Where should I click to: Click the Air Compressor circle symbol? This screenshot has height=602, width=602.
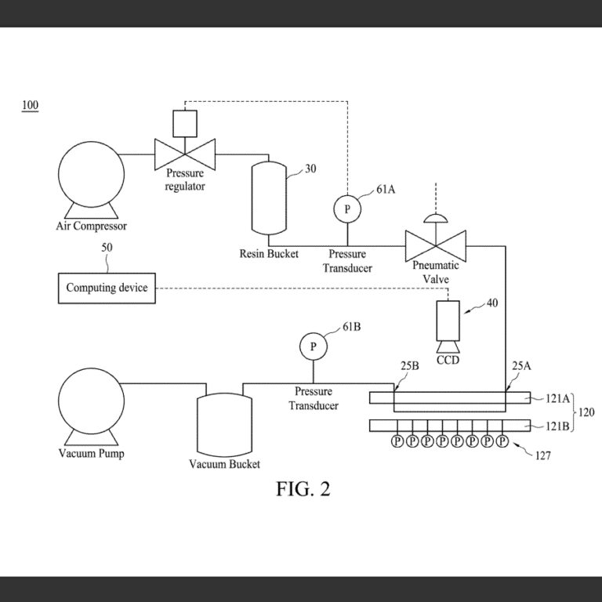(91, 173)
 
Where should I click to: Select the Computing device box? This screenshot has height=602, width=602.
(107, 288)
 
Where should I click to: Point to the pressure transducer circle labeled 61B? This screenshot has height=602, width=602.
(313, 346)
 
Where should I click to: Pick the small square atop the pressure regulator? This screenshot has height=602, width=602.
(184, 121)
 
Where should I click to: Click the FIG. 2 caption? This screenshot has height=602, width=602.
(303, 489)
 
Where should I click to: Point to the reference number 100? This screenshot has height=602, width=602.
(30, 106)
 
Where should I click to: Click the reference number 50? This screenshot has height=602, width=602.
(107, 248)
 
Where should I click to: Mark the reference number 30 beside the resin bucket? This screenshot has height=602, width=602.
(310, 169)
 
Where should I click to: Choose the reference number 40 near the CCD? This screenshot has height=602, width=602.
(491, 303)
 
